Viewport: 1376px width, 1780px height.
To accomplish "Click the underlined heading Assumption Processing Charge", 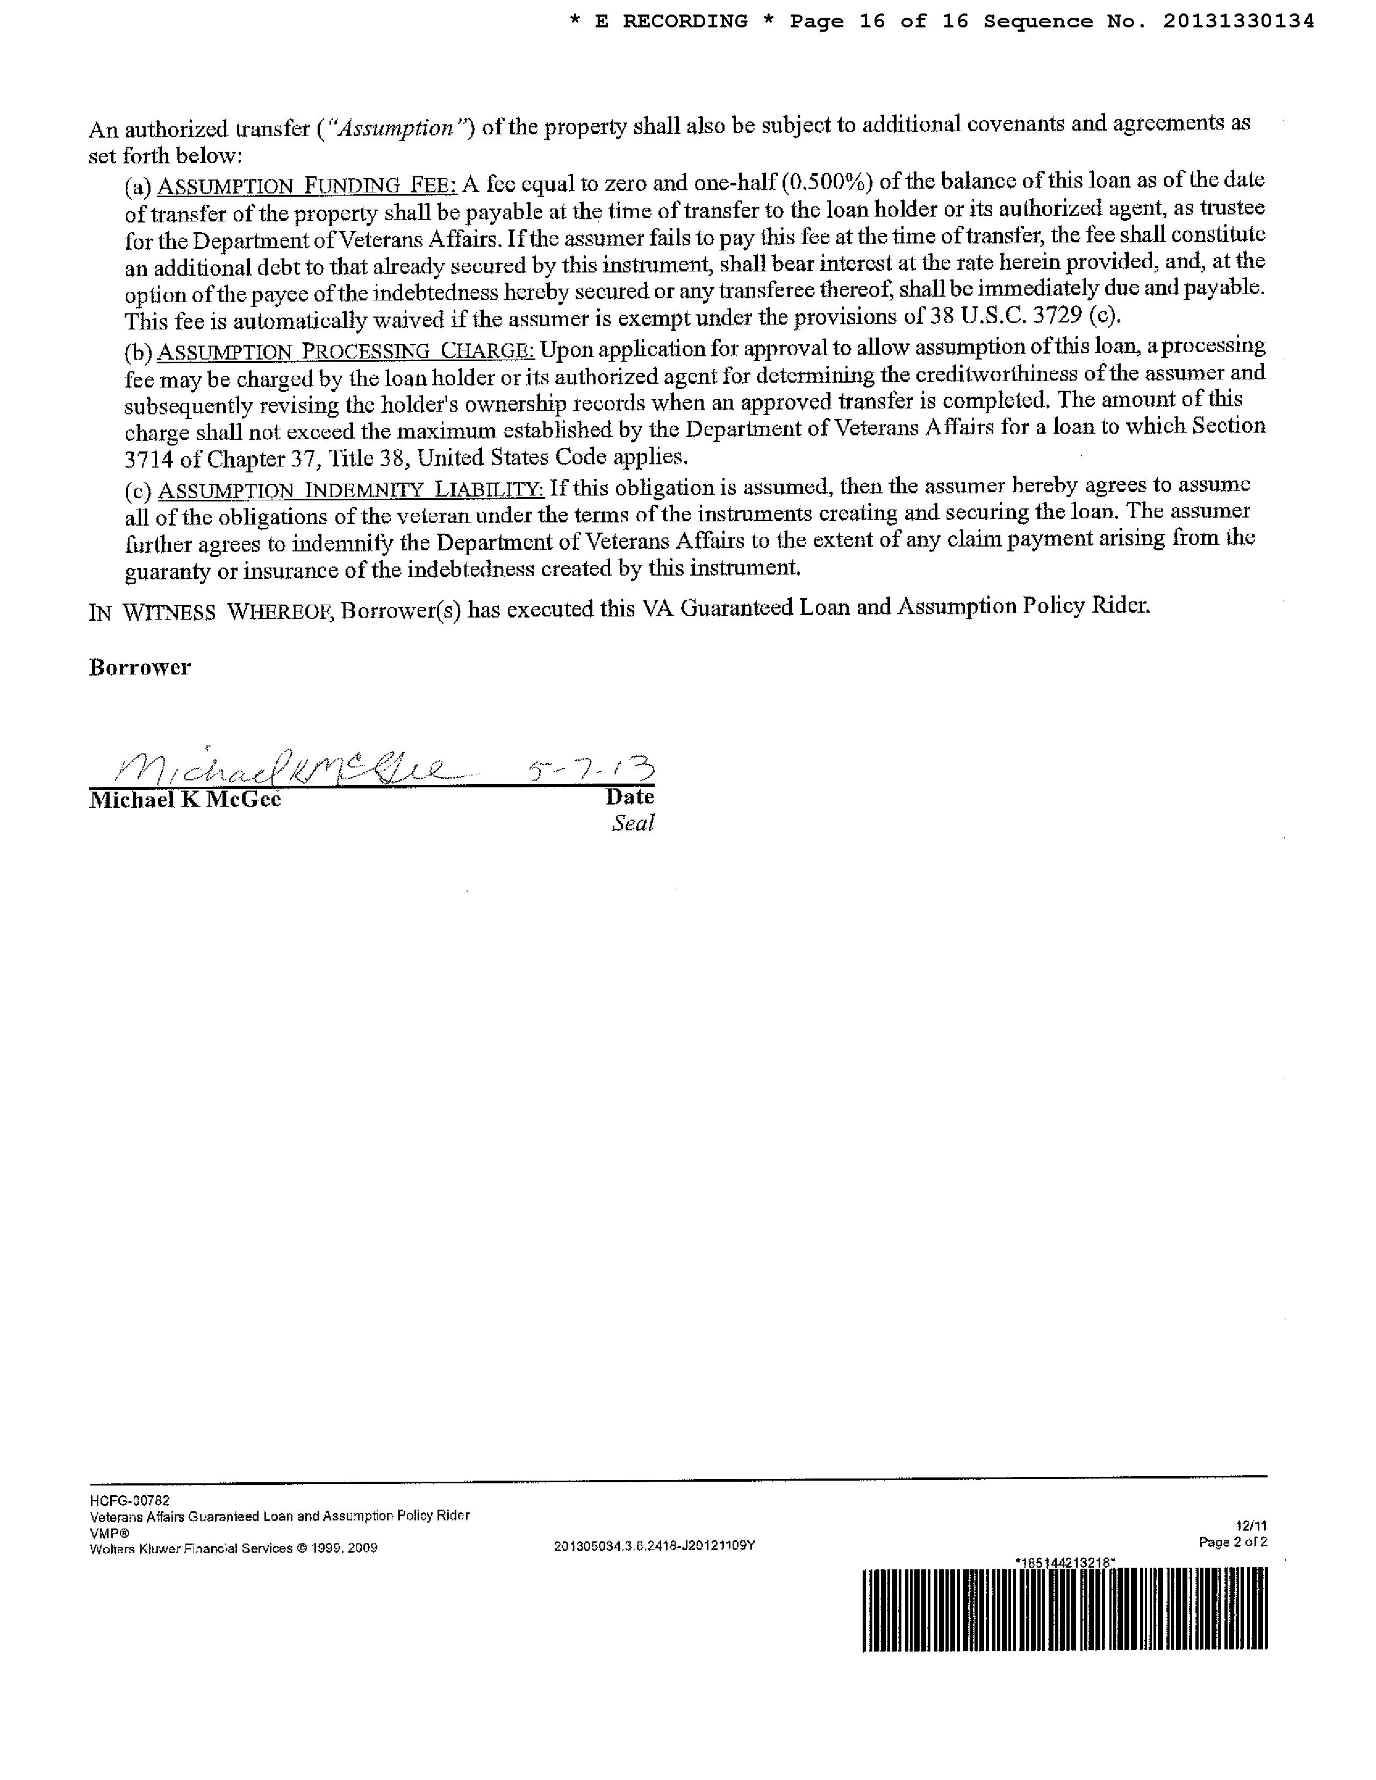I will (x=346, y=351).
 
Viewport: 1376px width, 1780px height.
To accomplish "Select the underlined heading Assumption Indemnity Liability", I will (x=350, y=490).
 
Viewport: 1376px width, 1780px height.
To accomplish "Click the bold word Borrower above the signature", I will (x=139, y=668).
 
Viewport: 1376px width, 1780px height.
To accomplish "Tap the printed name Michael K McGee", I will (x=185, y=800).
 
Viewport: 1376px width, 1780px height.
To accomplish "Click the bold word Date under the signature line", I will (x=629, y=796).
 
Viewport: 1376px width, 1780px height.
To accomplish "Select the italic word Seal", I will (x=633, y=823).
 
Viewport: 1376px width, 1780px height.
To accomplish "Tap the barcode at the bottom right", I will (x=1065, y=1609).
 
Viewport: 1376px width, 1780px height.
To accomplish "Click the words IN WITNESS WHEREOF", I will (x=210, y=611).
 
